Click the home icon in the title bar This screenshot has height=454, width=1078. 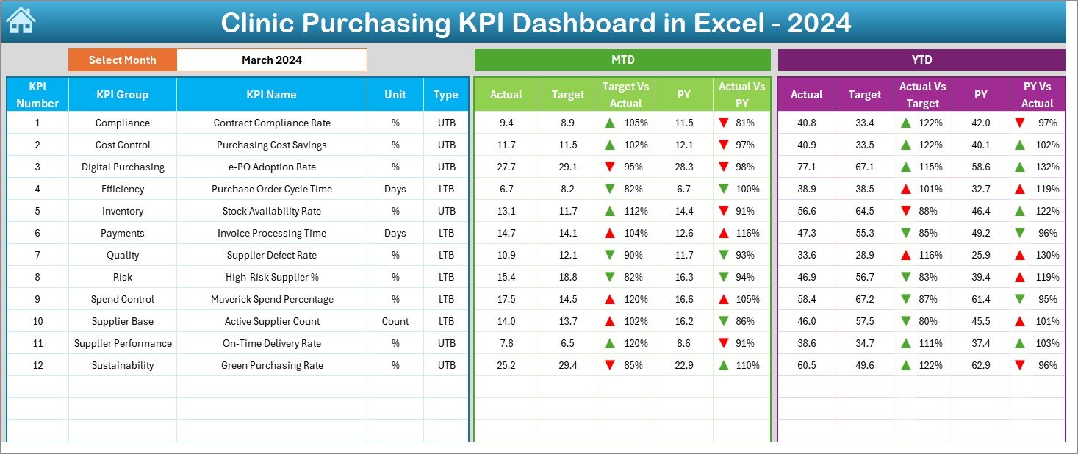21,21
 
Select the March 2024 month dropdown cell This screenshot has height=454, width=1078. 271,60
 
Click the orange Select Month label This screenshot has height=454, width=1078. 122,60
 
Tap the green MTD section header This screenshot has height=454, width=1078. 622,60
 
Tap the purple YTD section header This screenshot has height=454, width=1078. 921,60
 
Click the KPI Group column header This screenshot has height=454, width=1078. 122,95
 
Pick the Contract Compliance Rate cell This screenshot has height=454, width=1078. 272,123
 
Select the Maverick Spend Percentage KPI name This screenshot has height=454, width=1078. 272,299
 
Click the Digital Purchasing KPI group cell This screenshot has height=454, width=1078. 122,167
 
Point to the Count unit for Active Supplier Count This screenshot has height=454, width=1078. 395,321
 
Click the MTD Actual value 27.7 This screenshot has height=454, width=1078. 506,167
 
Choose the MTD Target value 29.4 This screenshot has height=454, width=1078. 567,365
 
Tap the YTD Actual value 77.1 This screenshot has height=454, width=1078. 806,167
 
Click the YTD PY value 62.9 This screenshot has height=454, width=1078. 980,365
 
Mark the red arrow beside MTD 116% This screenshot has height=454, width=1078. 724,233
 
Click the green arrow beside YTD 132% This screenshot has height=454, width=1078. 1020,167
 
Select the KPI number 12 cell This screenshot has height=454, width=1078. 37,365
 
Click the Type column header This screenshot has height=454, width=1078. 445,95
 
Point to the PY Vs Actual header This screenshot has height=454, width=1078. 1037,95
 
